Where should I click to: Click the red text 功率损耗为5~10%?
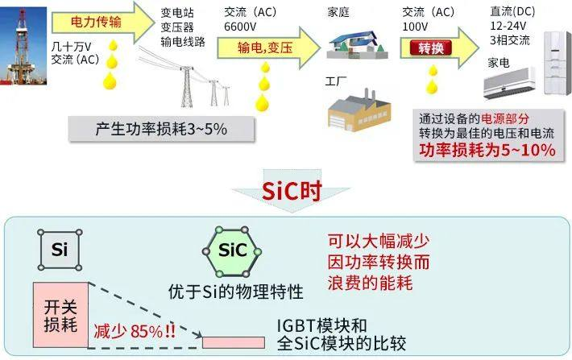pos(486,151)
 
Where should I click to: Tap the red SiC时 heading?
pos(286,191)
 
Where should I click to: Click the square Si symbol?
pos(59,250)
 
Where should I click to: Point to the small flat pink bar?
pos(233,342)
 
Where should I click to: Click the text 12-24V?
pos(508,26)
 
